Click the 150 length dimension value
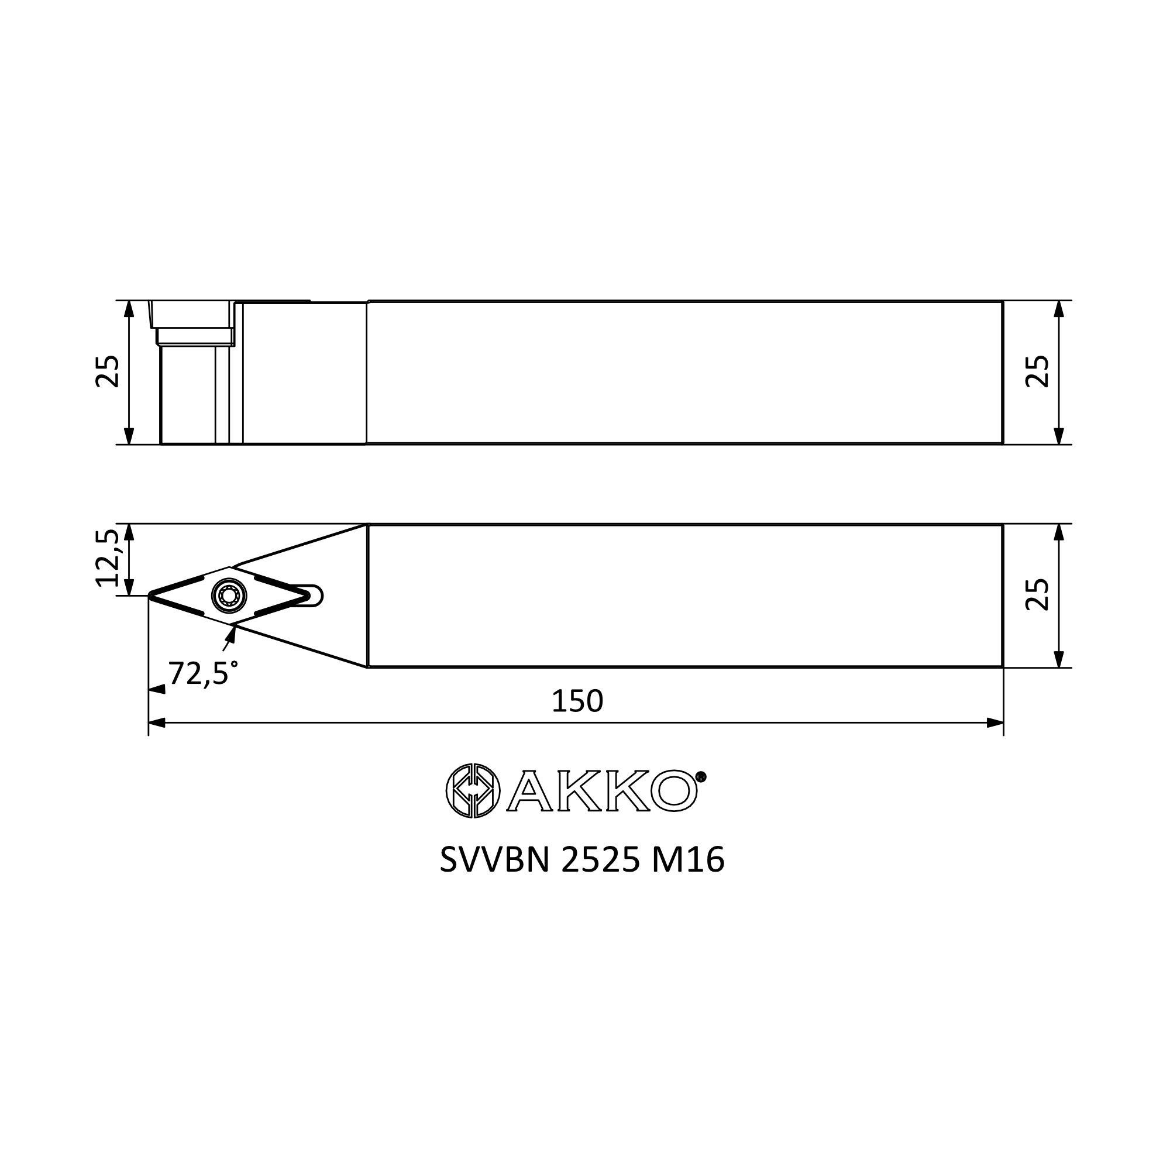[x=577, y=701]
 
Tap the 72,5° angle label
[x=203, y=673]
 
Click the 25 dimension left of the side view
[x=108, y=371]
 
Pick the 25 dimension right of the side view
[x=1037, y=371]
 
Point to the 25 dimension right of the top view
[x=1037, y=595]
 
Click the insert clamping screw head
[x=229, y=597]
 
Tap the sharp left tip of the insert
[x=150, y=596]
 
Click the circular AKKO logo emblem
[x=473, y=790]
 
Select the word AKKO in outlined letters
[x=602, y=790]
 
